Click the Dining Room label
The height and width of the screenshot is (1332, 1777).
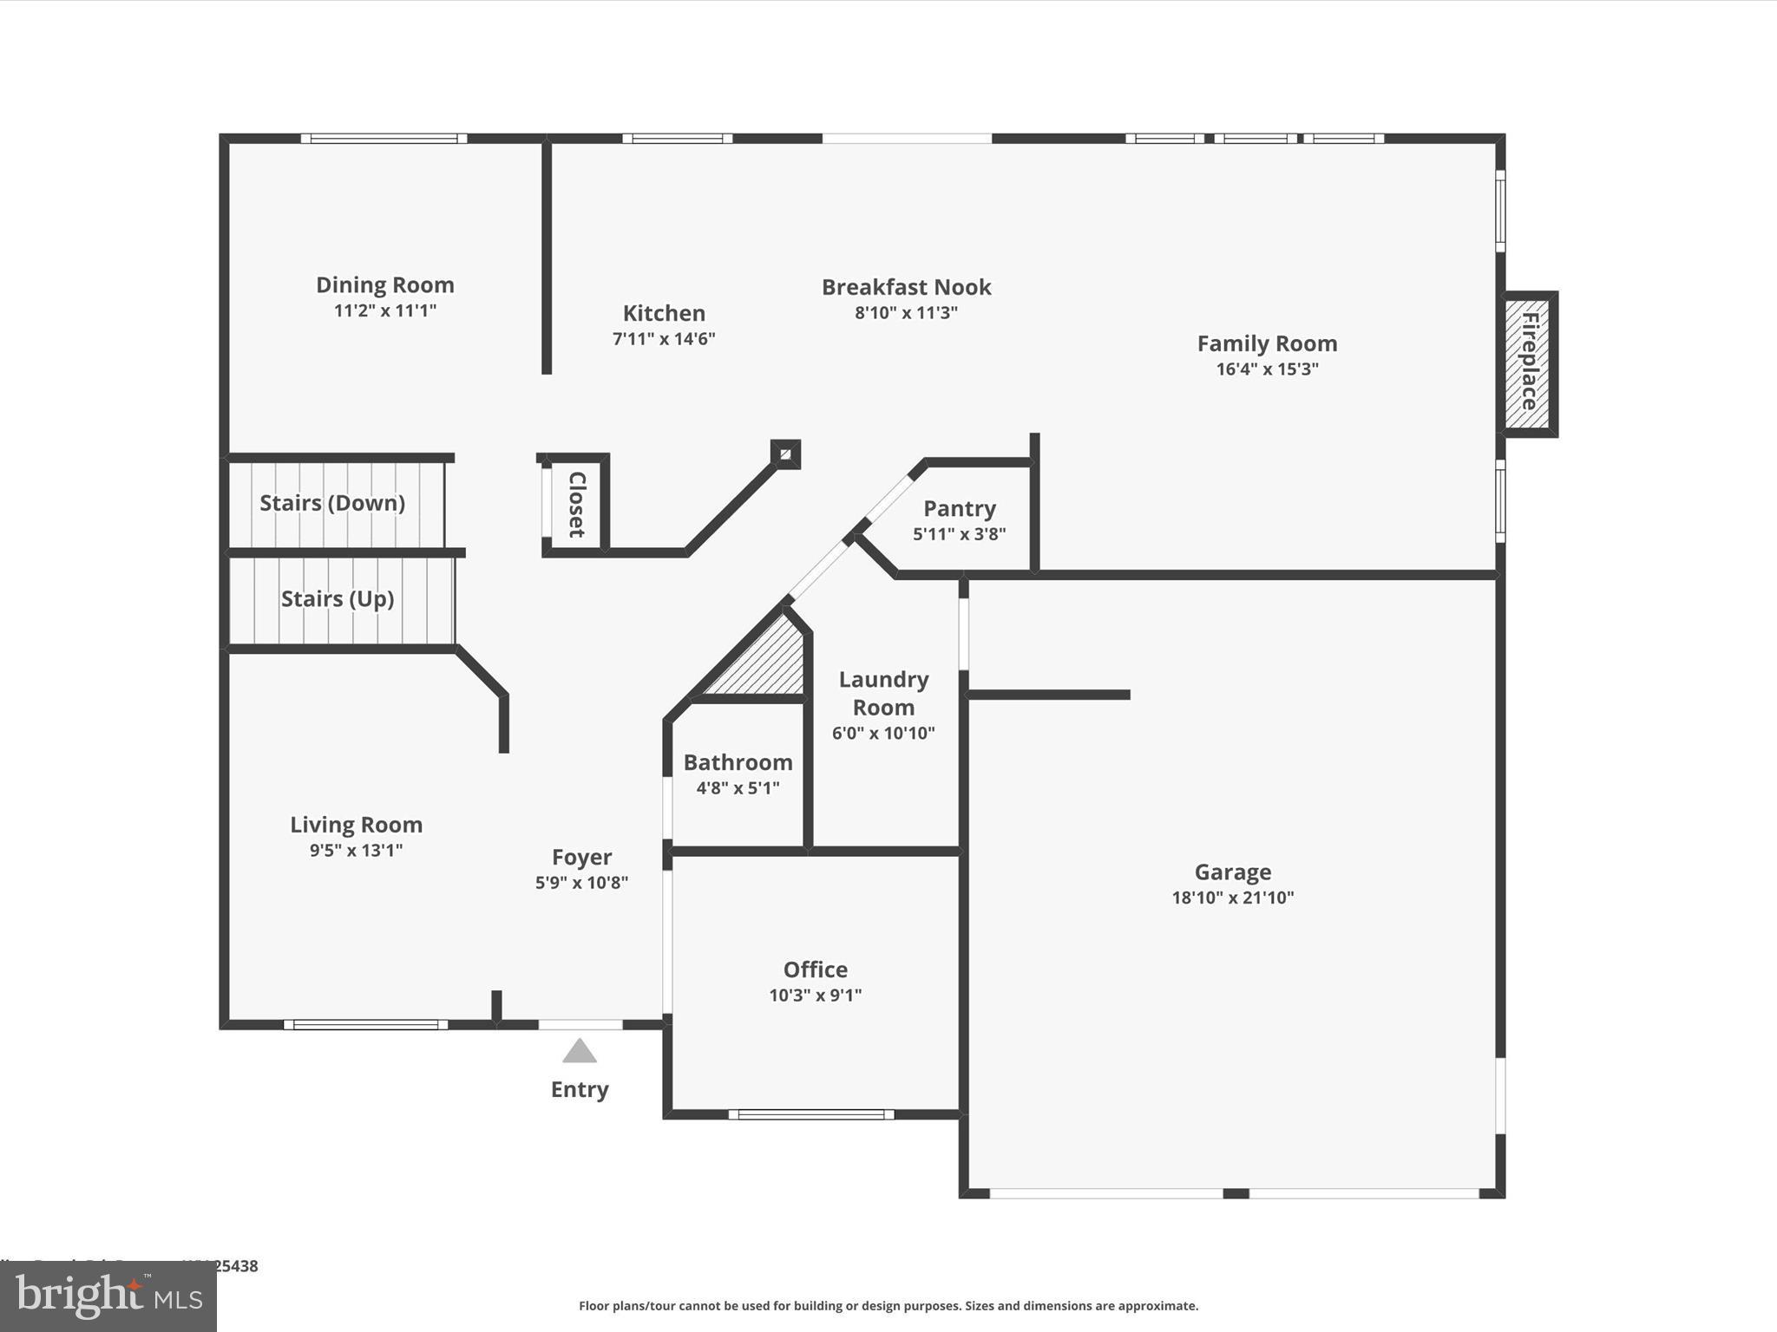point(384,285)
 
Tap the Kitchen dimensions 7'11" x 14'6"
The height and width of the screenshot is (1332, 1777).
point(664,339)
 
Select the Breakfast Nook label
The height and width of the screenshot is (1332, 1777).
point(906,287)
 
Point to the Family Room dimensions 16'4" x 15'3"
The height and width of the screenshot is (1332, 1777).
point(1267,369)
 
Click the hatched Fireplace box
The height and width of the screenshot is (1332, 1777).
point(1529,363)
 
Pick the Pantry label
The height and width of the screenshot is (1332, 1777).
point(959,509)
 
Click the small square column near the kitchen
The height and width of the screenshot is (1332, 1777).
point(785,454)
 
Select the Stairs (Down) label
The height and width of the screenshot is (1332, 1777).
point(332,503)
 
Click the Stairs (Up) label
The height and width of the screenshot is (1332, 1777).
point(338,599)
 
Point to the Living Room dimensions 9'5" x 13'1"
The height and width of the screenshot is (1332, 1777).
point(356,851)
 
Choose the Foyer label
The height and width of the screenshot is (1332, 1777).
point(581,858)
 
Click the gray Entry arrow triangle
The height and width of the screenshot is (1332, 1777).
point(580,1052)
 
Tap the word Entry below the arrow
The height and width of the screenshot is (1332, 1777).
point(580,1090)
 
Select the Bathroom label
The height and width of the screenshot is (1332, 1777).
point(738,763)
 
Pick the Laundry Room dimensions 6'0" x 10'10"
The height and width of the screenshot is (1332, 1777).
point(883,734)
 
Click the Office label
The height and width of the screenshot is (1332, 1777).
point(815,970)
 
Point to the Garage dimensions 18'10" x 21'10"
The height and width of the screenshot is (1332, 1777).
point(1232,898)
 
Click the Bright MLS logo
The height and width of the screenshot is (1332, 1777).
point(108,1296)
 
